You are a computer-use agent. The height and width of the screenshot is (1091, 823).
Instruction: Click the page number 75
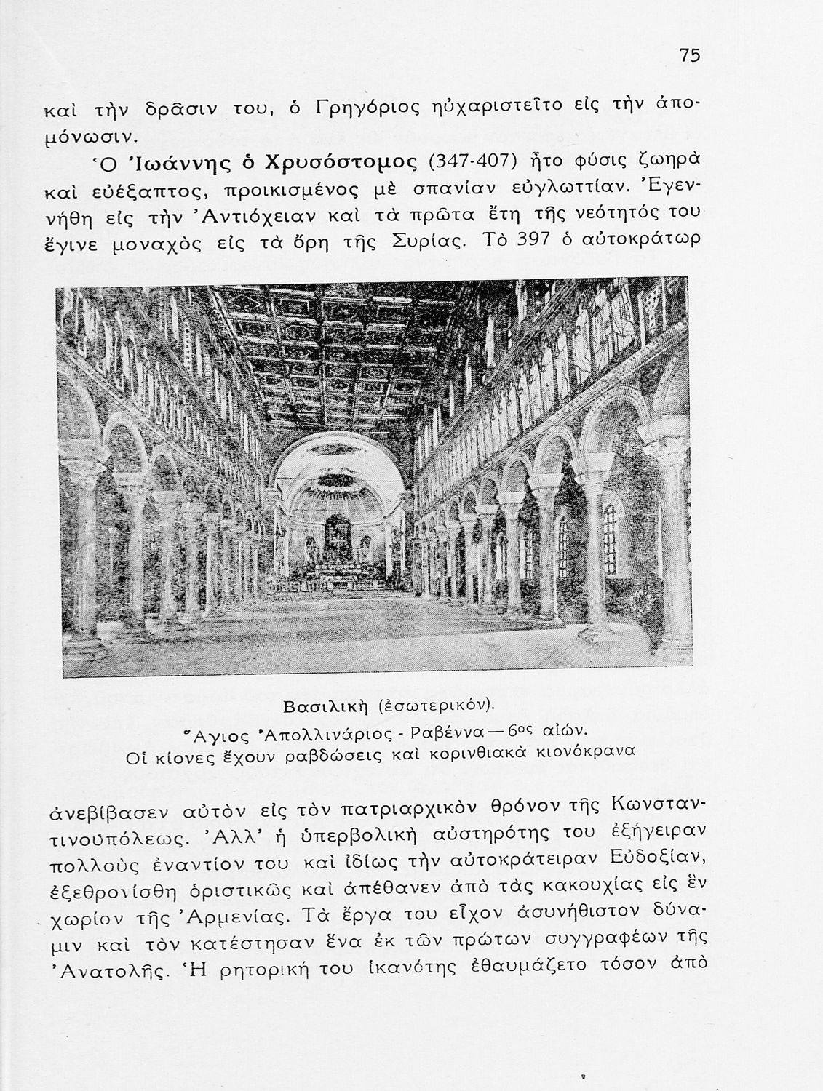pyautogui.click(x=690, y=55)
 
